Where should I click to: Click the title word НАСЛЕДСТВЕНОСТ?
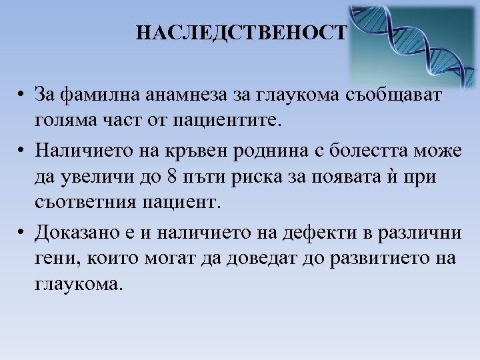coord(242,33)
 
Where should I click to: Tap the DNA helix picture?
coord(413,42)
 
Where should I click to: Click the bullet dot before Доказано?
coord(22,232)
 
